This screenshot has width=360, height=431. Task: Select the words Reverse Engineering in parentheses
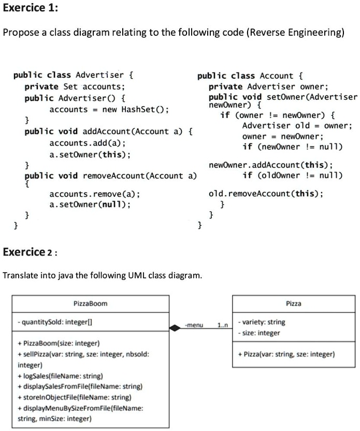pyautogui.click(x=295, y=33)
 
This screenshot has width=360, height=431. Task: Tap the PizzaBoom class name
pyautogui.click(x=91, y=303)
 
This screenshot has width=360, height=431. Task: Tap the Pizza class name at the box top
pyautogui.click(x=293, y=303)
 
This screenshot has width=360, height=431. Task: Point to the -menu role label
pyautogui.click(x=194, y=325)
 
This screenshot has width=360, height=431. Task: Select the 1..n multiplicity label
pyautogui.click(x=222, y=325)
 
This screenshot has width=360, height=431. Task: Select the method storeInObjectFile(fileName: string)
pyautogui.click(x=70, y=397)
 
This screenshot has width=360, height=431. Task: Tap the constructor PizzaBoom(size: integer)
pyautogui.click(x=58, y=343)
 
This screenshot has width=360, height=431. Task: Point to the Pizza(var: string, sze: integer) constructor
pyautogui.click(x=286, y=354)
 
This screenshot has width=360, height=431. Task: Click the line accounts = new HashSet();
pyautogui.click(x=109, y=109)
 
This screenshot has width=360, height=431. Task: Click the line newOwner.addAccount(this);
pyautogui.click(x=270, y=165)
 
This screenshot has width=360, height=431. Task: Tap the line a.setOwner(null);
pyautogui.click(x=90, y=204)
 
